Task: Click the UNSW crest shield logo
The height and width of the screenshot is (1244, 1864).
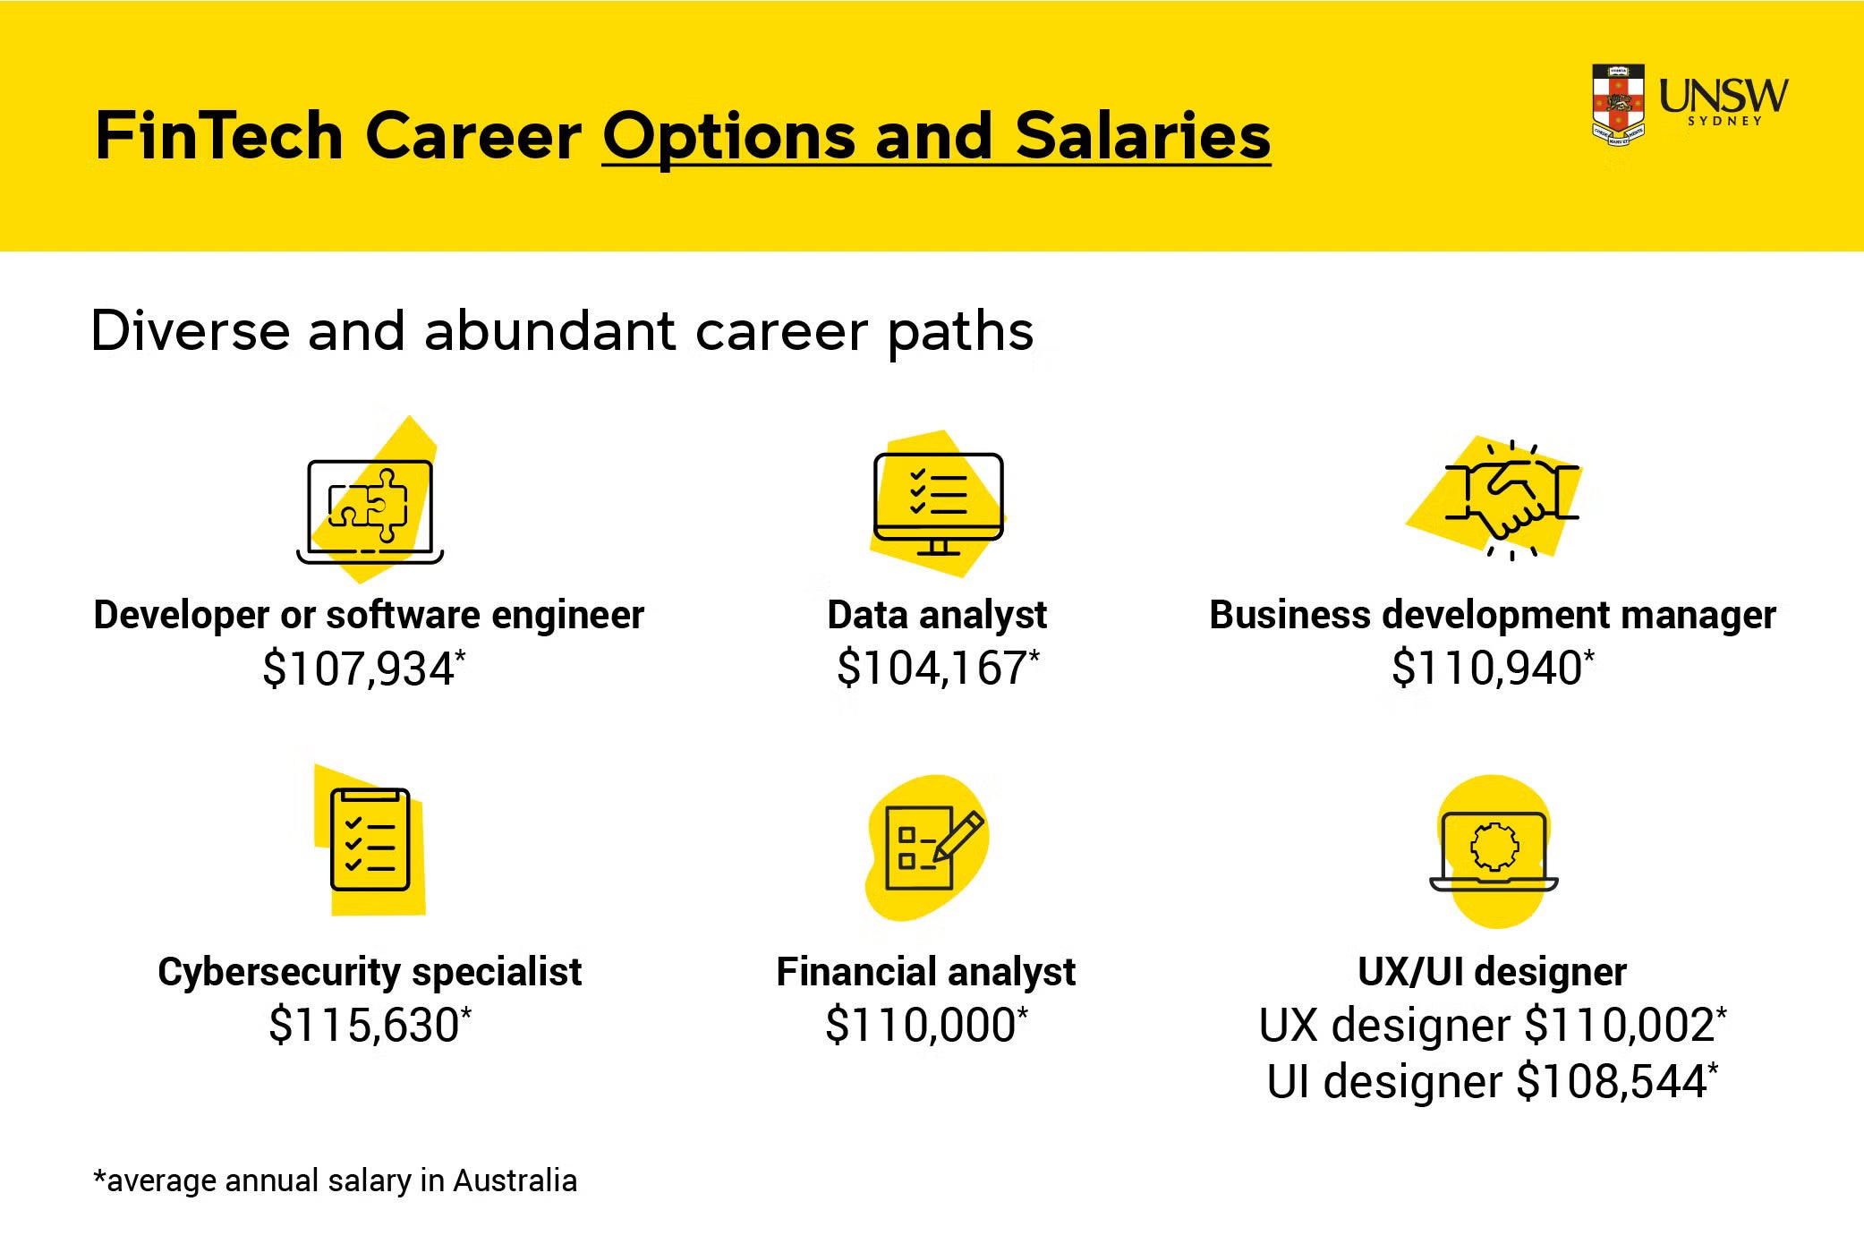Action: click(1618, 105)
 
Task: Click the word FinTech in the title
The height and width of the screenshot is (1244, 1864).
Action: click(219, 136)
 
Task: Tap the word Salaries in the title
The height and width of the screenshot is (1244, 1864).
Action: click(1143, 136)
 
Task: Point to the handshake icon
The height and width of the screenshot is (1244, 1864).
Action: click(1511, 499)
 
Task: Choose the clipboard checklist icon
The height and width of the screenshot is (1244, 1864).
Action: click(370, 839)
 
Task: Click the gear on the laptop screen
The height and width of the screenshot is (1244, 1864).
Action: click(1494, 846)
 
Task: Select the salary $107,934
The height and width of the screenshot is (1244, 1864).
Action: click(359, 669)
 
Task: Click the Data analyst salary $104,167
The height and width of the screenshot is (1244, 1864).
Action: click(932, 668)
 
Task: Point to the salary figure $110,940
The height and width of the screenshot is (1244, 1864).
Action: click(1487, 668)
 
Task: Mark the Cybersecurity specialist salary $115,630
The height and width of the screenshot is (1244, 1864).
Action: click(364, 1025)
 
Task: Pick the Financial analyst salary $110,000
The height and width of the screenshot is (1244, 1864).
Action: click(921, 1025)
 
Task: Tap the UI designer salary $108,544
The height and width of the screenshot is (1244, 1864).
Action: click(1613, 1081)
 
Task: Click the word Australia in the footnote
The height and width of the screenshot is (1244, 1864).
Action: click(515, 1180)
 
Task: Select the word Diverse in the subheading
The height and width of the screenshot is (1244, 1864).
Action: click(191, 331)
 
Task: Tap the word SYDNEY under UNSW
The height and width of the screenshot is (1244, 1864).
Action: click(1724, 121)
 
